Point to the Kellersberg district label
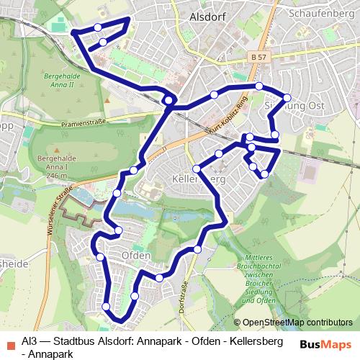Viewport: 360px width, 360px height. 200,178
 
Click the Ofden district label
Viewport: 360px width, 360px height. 136,256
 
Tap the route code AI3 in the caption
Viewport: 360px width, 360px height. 30,341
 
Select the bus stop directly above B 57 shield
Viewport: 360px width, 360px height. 259,86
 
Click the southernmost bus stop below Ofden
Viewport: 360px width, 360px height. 107,307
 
